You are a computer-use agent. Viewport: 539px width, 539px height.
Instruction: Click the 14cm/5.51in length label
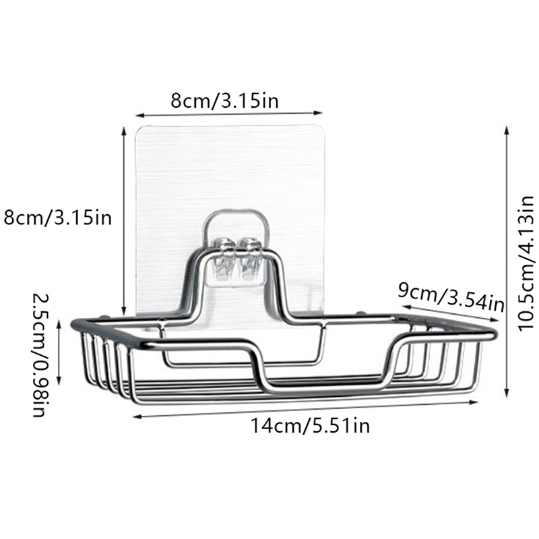pyautogui.click(x=311, y=426)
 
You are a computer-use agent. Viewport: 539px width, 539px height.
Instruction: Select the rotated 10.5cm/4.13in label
pyautogui.click(x=526, y=263)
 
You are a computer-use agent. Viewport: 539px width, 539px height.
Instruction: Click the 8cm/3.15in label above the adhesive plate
pyautogui.click(x=224, y=100)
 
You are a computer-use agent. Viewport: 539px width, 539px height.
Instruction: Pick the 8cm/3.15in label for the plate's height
pyautogui.click(x=58, y=218)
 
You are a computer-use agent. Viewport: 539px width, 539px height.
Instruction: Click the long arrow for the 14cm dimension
pyautogui.click(x=306, y=409)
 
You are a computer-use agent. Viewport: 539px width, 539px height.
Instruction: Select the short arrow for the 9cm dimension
pyautogui.click(x=450, y=313)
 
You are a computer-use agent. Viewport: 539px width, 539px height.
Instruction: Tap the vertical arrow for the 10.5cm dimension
pyautogui.click(x=506, y=262)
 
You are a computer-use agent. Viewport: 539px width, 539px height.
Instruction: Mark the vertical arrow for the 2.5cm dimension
pyautogui.click(x=59, y=352)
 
